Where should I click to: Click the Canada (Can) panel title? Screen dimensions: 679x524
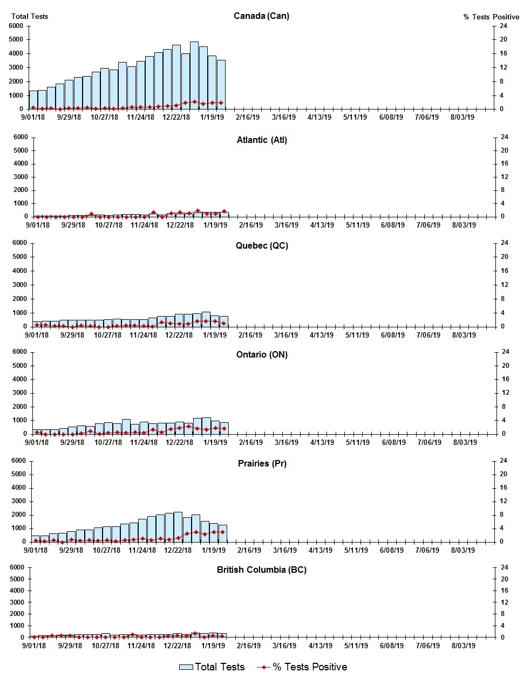261,16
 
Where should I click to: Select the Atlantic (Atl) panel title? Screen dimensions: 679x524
262,140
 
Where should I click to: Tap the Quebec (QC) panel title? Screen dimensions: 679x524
262,245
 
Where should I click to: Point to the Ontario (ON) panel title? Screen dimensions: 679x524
262,354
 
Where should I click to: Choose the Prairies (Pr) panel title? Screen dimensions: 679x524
262,463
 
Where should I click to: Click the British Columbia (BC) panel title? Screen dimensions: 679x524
262,570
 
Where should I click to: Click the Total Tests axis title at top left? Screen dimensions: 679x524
30,16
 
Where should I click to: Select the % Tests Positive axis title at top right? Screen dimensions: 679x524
491,17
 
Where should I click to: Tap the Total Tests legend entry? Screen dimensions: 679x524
212,667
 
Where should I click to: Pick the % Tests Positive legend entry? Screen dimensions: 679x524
302,667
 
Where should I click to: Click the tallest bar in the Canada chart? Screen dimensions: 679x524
194,76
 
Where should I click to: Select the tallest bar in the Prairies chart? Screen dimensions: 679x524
178,527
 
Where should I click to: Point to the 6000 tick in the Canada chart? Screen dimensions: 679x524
16,26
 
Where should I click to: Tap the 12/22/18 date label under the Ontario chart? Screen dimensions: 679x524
179,442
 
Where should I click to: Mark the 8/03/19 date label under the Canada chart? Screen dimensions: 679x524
462,117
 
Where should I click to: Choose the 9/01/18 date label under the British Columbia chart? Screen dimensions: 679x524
34,646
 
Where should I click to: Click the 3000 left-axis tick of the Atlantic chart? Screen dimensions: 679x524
21,177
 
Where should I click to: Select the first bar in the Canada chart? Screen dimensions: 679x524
33,100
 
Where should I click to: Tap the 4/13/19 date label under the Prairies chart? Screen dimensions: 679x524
320,550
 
